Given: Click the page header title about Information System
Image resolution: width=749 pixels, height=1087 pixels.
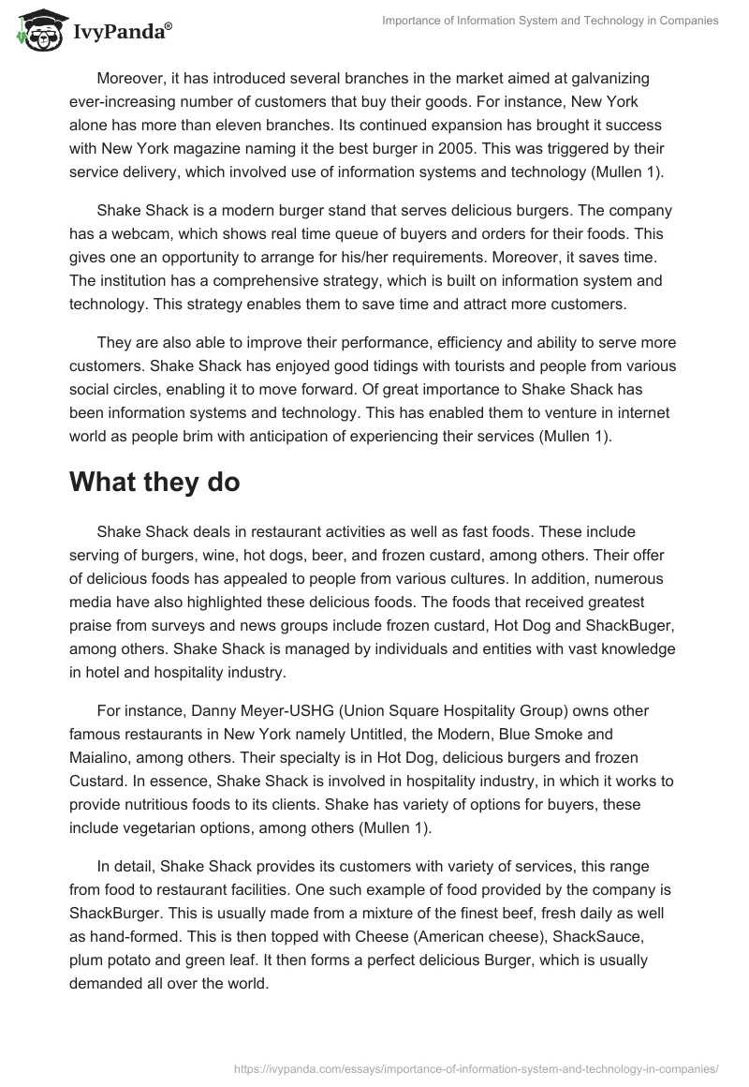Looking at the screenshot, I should pyautogui.click(x=551, y=21).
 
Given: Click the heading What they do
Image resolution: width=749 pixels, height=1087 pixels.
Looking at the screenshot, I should pyautogui.click(x=154, y=483).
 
